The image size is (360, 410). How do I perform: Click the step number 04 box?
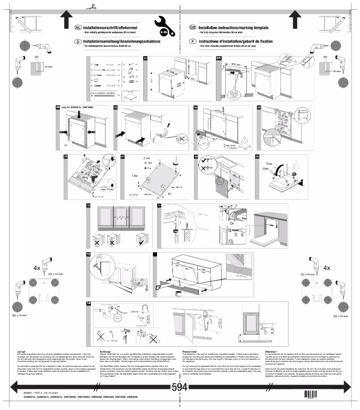coord(196,108)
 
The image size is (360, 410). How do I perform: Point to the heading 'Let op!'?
coord(21,352)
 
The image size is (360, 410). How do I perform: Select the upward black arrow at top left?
coord(66,19)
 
